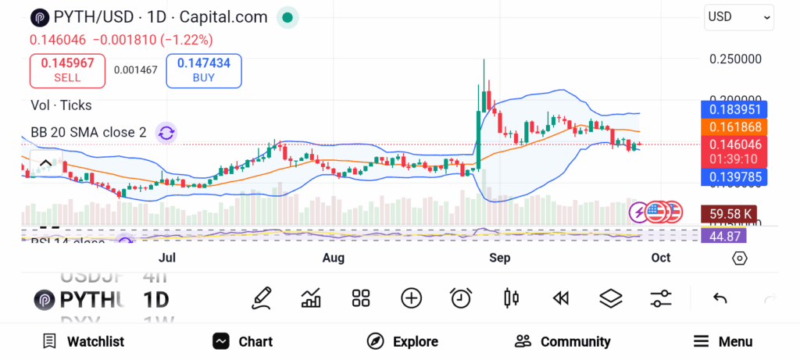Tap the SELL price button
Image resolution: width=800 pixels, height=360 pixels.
[x=67, y=70]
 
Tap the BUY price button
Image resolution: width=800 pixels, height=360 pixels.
[x=203, y=70]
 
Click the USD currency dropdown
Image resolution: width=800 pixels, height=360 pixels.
[x=738, y=16]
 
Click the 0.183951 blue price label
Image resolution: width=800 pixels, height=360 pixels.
[x=734, y=109]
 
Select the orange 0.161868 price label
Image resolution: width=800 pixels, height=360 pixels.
[x=734, y=127]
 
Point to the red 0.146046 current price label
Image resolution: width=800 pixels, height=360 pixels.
[x=734, y=144]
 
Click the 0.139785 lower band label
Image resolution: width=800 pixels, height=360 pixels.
[x=734, y=178]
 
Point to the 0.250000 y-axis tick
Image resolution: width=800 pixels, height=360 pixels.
[x=735, y=59]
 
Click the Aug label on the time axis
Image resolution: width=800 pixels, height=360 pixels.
[x=334, y=258]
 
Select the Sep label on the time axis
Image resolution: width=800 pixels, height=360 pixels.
[x=499, y=258]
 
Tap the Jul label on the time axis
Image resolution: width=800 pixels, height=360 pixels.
[x=166, y=258]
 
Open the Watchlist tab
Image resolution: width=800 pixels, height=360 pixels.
[x=83, y=341]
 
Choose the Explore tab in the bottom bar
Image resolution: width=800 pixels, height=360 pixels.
[x=402, y=341]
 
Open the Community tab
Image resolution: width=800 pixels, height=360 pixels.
[x=562, y=341]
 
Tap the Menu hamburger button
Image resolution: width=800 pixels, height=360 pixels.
[x=723, y=341]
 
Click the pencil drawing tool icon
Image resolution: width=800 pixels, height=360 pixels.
[x=262, y=298]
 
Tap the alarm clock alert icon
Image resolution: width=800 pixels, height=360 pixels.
[x=461, y=298]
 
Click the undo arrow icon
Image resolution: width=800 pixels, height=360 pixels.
[x=720, y=298]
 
